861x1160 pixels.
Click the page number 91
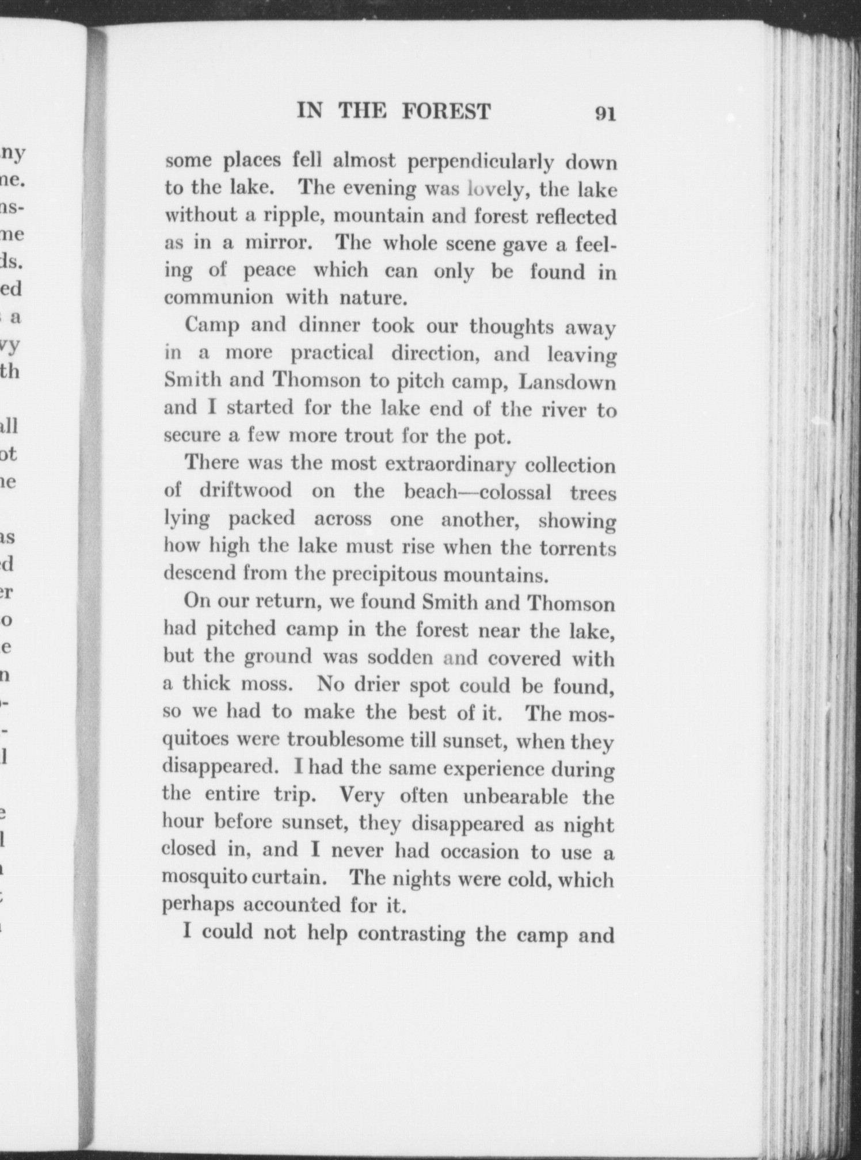(605, 113)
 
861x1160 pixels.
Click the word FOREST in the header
(446, 110)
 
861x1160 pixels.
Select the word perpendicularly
(481, 162)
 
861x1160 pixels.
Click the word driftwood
(246, 491)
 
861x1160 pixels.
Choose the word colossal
(515, 492)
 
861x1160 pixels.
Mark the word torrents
(577, 547)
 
